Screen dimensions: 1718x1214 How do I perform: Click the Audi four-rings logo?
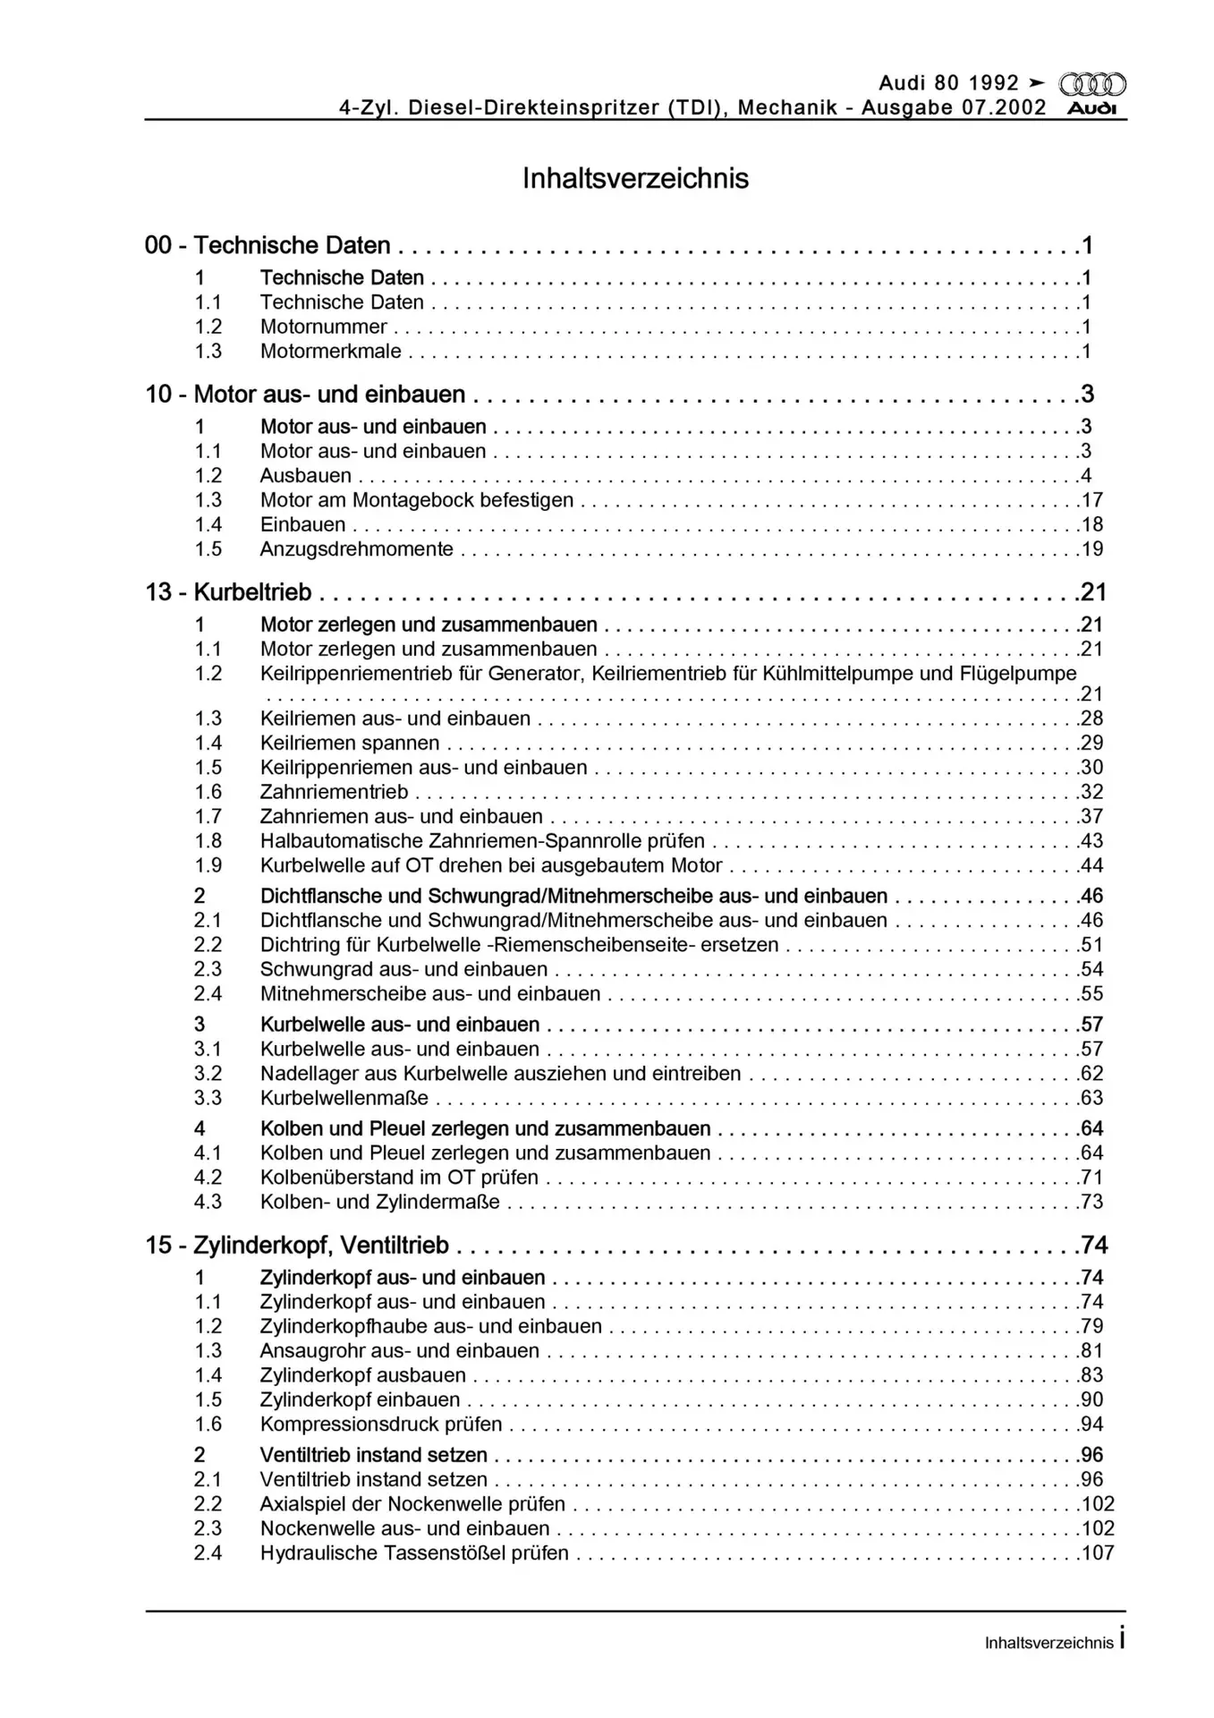coord(1092,85)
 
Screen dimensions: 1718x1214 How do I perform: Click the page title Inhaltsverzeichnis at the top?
coord(635,178)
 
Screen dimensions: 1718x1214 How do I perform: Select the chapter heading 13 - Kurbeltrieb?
coord(229,592)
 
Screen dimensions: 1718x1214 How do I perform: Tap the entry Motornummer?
coord(323,327)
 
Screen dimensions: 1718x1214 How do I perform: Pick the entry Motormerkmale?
coord(330,352)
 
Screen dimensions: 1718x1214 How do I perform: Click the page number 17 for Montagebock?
coord(1092,500)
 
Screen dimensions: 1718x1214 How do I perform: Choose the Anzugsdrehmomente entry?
coord(356,549)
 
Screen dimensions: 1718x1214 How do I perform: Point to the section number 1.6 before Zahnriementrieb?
coord(208,792)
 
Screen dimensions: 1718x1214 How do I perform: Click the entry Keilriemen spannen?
coord(350,743)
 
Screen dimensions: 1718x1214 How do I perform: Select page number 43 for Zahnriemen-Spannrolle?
coord(1092,841)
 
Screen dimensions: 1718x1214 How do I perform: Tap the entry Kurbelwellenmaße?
coord(344,1098)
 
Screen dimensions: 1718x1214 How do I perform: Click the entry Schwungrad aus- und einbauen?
coord(403,969)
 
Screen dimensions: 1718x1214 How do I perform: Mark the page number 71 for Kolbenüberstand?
coord(1092,1178)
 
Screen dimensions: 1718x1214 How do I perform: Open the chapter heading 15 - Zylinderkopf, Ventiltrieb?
coord(297,1246)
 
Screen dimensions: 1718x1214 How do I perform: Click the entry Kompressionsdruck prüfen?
coord(381,1425)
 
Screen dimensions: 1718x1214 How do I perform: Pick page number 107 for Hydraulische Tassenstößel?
coord(1098,1553)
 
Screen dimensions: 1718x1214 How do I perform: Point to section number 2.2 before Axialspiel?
coord(208,1504)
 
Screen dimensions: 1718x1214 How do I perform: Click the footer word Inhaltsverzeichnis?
coord(1048,1643)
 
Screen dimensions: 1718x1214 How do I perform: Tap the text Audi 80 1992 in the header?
coord(948,83)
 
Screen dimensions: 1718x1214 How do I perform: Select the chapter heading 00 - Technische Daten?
coord(267,245)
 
